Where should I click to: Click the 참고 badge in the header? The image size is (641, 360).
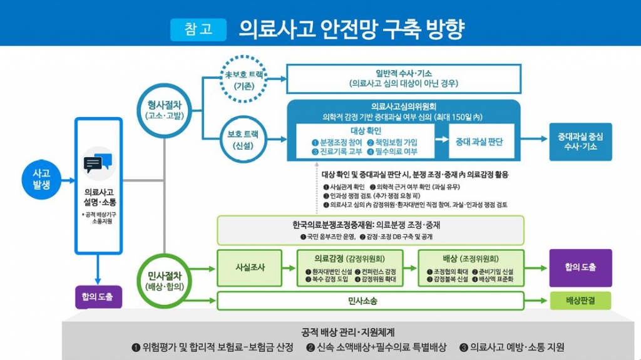197,29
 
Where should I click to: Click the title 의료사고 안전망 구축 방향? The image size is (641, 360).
351,29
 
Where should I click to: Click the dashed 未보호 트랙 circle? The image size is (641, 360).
245,79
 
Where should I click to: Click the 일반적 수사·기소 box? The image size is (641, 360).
404,78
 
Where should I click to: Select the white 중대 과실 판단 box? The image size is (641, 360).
479,142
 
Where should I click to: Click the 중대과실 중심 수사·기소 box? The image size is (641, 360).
580,142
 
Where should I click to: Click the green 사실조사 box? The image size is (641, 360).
250,267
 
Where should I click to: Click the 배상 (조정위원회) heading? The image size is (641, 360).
470,258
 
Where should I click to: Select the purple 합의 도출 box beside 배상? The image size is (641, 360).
580,267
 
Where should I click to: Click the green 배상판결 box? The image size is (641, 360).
580,301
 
